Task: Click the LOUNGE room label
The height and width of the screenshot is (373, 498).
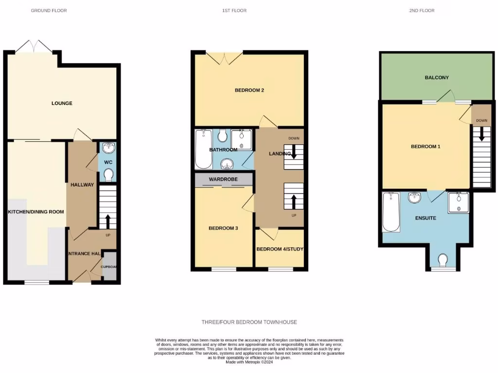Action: (x=62, y=103)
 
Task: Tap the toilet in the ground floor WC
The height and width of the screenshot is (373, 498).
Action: (x=108, y=174)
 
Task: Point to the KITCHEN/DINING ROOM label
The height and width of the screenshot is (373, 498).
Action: (x=36, y=212)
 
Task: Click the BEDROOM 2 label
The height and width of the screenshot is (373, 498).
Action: (x=249, y=90)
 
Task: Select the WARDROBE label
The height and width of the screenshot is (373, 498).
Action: (x=223, y=180)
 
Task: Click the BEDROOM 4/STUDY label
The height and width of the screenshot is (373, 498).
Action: (x=280, y=249)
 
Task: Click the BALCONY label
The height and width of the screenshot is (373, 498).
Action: (x=436, y=78)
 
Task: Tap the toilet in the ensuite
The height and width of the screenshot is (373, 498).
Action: (x=443, y=261)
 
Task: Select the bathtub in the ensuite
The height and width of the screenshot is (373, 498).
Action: (x=391, y=212)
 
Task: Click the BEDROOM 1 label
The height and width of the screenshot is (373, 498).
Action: (x=426, y=147)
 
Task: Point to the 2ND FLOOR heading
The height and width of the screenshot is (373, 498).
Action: (x=422, y=11)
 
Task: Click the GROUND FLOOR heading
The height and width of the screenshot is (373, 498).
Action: (x=49, y=11)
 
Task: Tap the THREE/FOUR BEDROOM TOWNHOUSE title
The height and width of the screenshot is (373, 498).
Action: (x=249, y=322)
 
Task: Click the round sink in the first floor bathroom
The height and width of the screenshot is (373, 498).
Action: (x=227, y=163)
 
